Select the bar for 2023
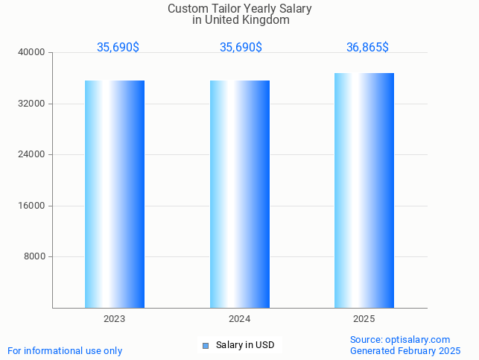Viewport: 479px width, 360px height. point(115,194)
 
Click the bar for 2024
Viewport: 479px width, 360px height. point(240,194)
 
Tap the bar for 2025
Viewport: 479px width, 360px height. point(364,190)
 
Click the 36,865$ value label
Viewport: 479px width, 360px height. point(367,48)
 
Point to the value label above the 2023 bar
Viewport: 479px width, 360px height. point(118,48)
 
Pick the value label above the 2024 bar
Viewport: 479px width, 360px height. point(241,48)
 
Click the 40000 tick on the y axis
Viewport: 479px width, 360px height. point(32,52)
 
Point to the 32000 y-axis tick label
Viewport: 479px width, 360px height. point(32,104)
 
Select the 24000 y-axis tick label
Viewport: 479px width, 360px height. point(32,154)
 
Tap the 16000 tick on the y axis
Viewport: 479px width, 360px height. point(32,206)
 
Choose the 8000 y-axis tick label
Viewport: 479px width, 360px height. point(34,256)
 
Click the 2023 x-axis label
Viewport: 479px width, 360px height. point(115,319)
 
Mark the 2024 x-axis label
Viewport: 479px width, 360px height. point(240,319)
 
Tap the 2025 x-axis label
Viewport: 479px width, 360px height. point(364,319)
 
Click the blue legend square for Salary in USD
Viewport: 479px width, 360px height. point(206,345)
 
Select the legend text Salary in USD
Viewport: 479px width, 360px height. point(245,345)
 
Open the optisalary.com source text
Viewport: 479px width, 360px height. point(400,340)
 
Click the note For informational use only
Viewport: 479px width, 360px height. point(65,350)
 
